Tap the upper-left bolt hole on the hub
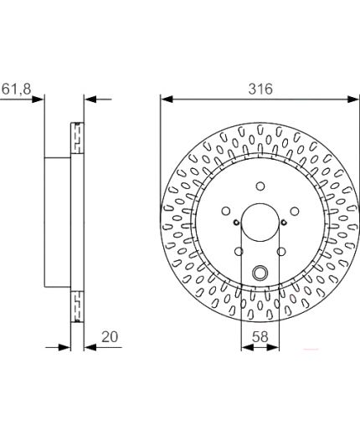(226, 210)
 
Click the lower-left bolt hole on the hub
(239, 250)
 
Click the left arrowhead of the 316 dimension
(165, 99)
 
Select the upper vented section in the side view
(78, 138)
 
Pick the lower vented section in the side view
(78, 304)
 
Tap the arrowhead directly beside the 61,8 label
(38, 99)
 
